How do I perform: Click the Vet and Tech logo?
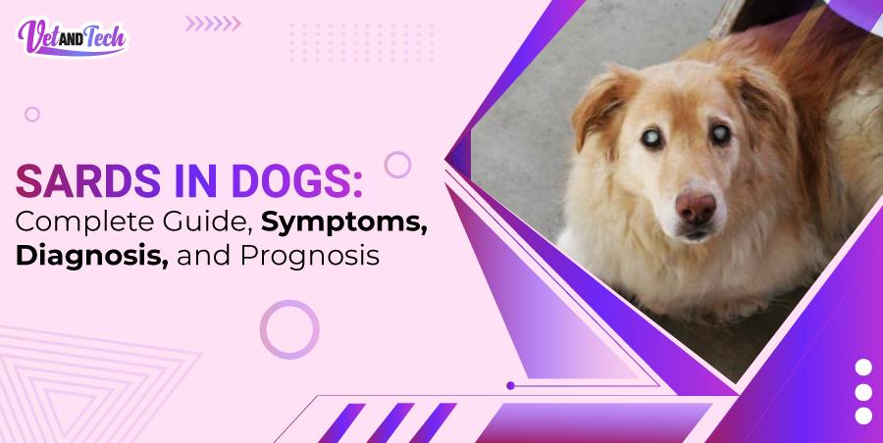click(72, 37)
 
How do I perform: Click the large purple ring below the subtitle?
click(289, 329)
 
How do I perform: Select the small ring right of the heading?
click(397, 164)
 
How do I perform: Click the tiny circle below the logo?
click(32, 115)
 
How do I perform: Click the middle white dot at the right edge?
click(863, 391)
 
